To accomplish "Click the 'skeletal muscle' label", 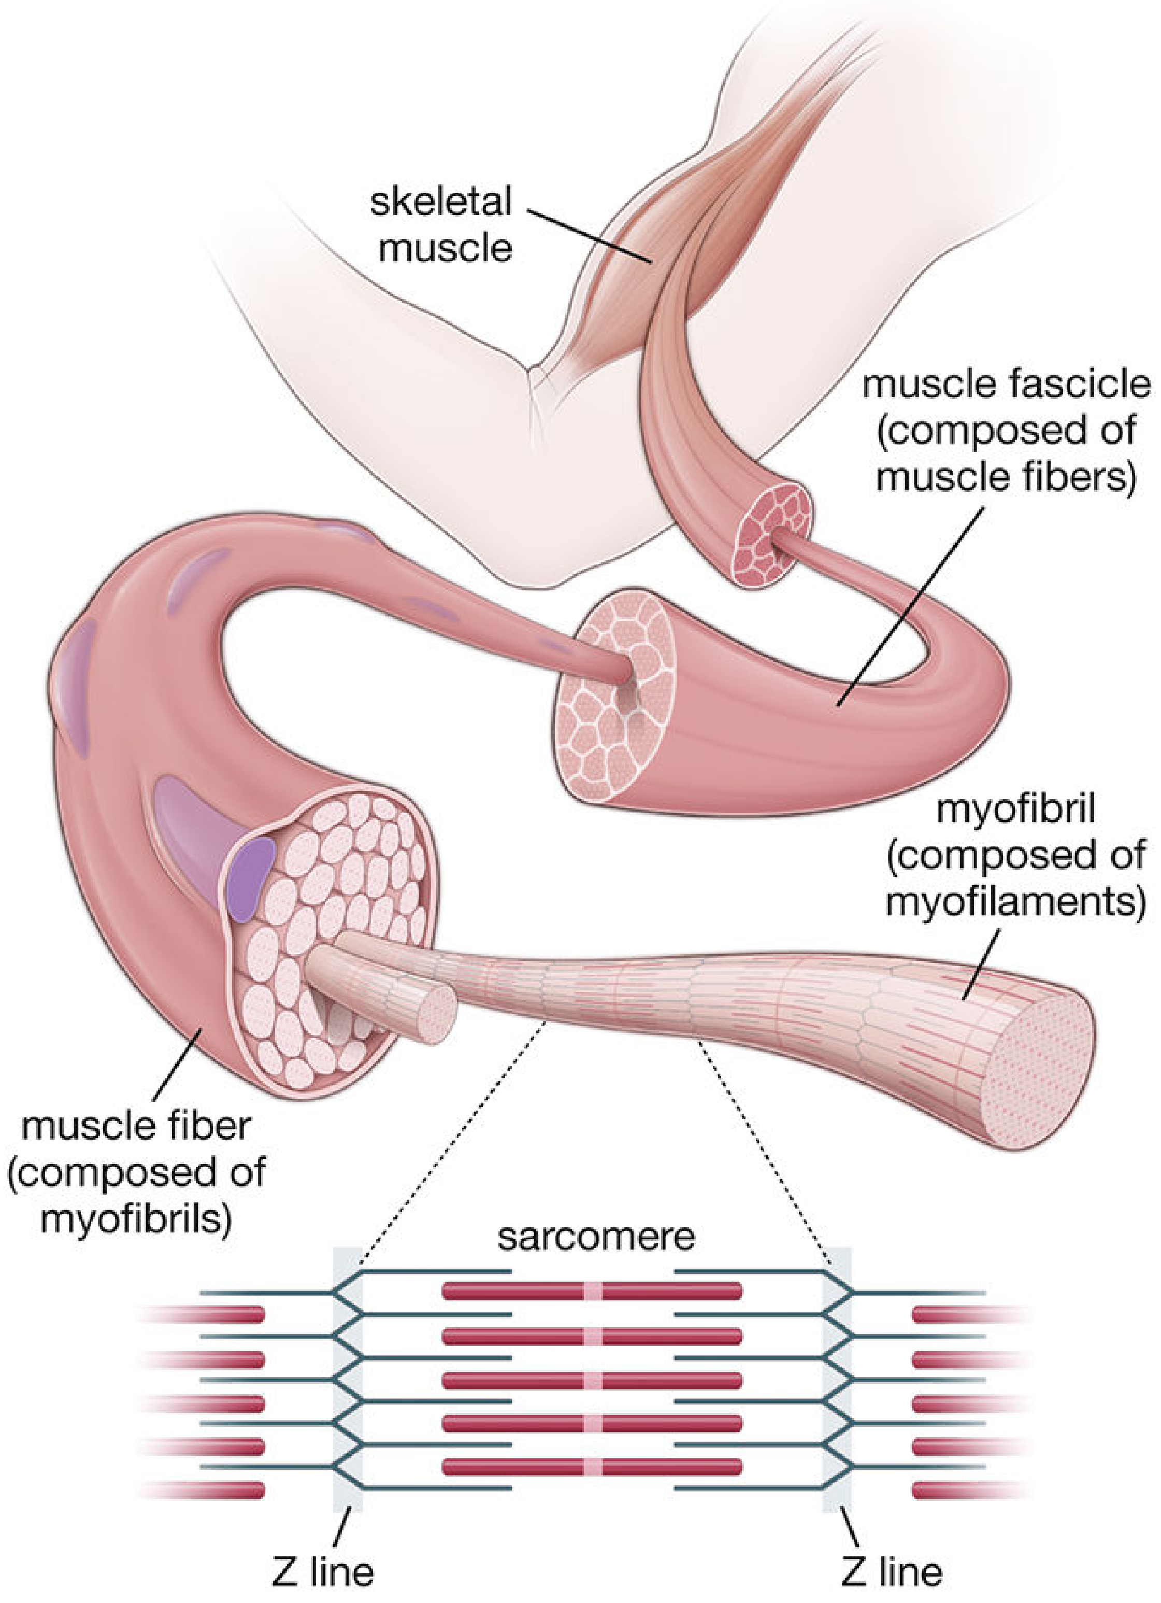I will [441, 224].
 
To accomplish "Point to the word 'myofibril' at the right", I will [1015, 810].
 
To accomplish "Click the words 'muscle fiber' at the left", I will [136, 1126].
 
